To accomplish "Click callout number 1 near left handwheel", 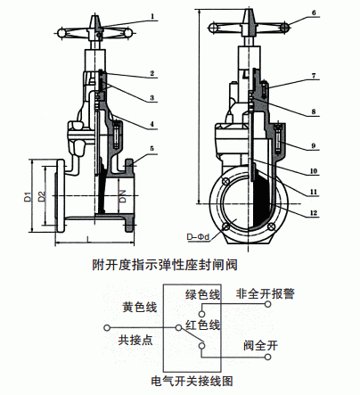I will pyautogui.click(x=152, y=16).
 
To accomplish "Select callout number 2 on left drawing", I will pyautogui.click(x=152, y=72).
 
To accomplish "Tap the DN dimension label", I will pyautogui.click(x=123, y=197).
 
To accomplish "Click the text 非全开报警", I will pyautogui.click(x=265, y=293).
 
